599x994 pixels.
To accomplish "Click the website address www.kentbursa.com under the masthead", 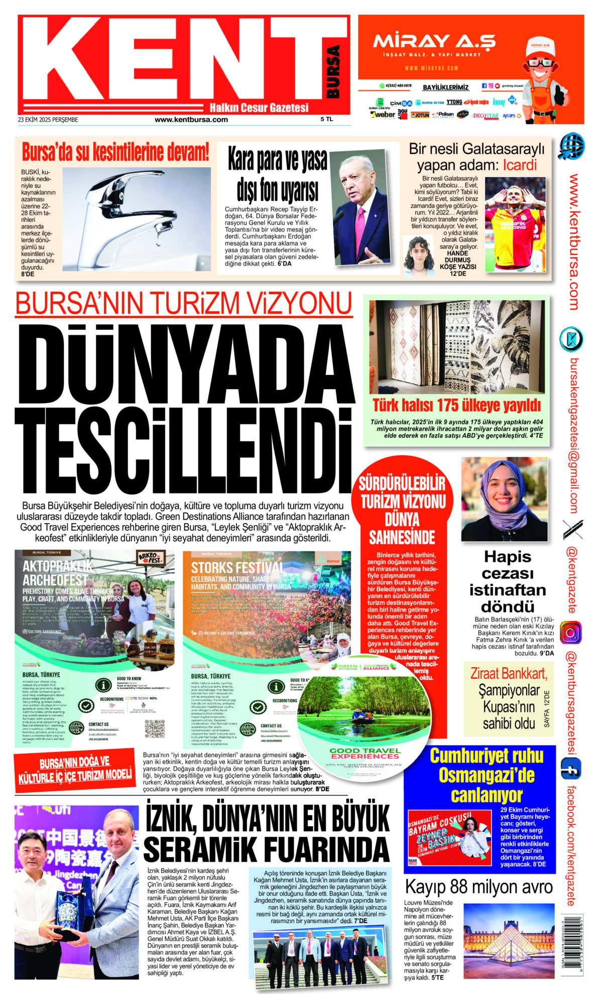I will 191,119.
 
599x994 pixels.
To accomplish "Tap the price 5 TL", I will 327,119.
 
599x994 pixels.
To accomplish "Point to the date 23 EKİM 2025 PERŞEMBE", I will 48,120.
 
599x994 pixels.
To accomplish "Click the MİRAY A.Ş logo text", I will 434,41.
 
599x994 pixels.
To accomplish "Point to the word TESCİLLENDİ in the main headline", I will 184,451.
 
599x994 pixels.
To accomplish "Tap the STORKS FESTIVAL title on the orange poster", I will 237,568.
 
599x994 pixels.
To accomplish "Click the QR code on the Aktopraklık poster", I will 155,728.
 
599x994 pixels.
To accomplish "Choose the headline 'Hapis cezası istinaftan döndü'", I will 508,581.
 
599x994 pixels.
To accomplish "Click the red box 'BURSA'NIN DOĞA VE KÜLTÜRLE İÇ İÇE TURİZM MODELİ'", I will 75,770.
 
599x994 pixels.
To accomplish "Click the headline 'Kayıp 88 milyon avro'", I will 478,887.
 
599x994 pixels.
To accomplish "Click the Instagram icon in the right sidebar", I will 571,633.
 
